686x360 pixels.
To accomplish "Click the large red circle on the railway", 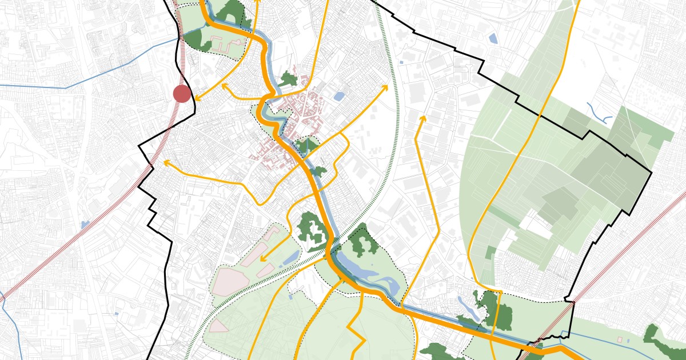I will coord(182,94).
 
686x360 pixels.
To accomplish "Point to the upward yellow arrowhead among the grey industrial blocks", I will coord(422,118).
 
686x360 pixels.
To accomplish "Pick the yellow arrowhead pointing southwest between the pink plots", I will coord(262,259).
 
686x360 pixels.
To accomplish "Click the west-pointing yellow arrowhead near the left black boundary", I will coord(166,163).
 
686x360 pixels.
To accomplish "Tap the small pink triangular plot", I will coord(218,326).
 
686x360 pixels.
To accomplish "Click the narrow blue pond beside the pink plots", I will coord(289,258).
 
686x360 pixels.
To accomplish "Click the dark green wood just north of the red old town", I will coord(288,79).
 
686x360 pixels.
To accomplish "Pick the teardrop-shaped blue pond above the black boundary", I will coord(493,39).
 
